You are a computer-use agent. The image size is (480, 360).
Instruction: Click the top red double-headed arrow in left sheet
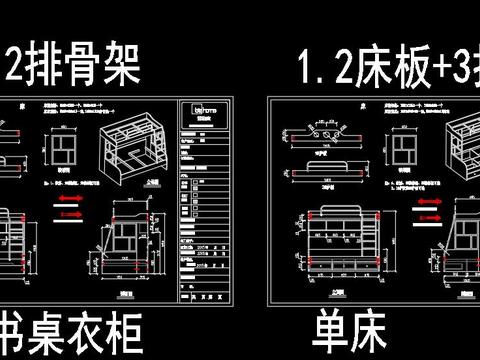[x=68, y=200]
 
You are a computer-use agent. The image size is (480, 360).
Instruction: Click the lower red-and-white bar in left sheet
[x=68, y=213]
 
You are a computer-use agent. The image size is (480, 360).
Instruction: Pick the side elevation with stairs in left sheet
[x=125, y=248]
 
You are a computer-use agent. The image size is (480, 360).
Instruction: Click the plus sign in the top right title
[x=432, y=68]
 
